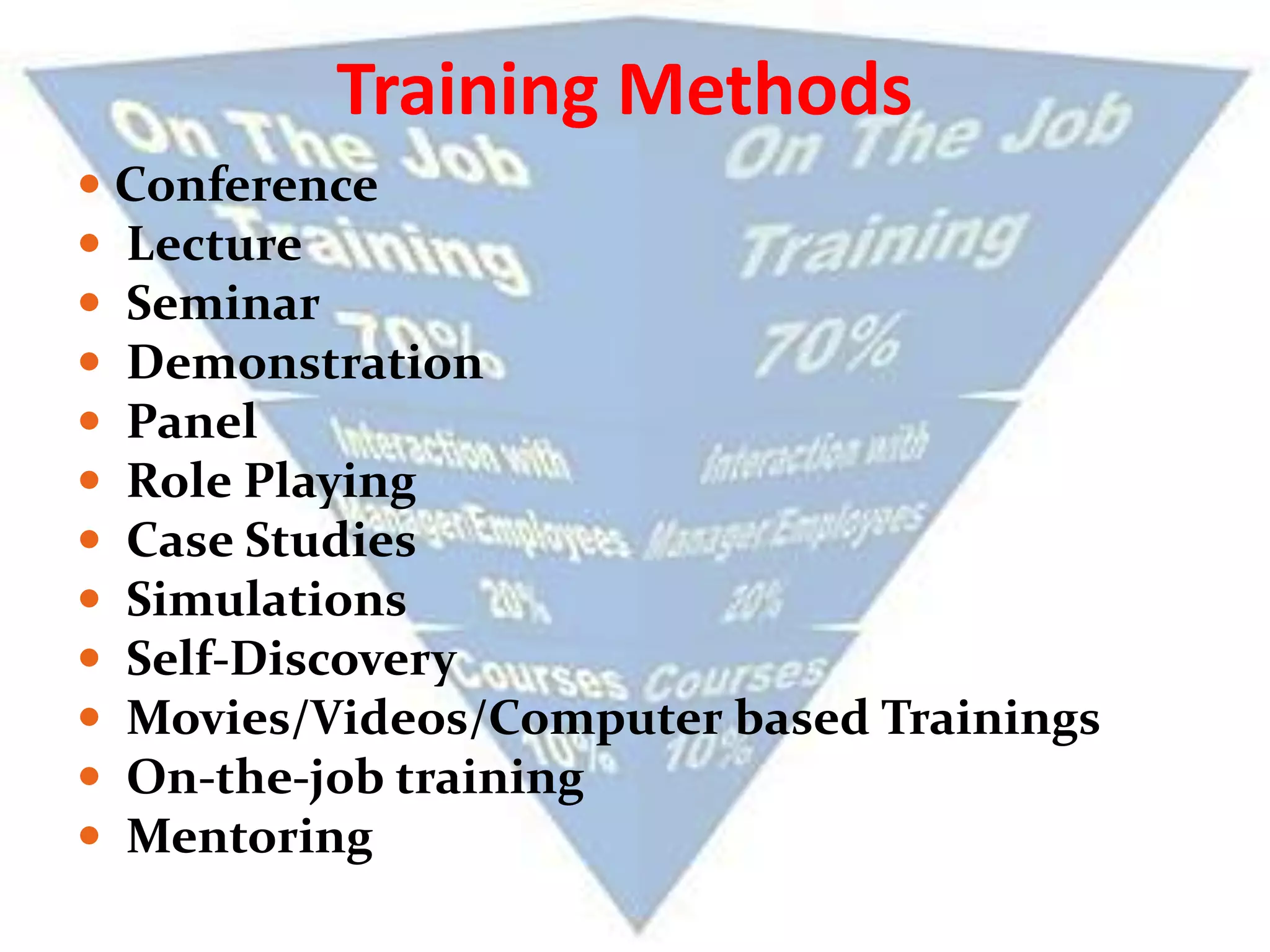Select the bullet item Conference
point(246,185)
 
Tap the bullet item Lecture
point(215,244)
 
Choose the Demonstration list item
point(304,363)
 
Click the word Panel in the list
point(192,421)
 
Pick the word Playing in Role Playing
point(331,482)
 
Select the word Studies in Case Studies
point(331,540)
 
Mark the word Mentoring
point(249,837)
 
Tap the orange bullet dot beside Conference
point(89,184)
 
